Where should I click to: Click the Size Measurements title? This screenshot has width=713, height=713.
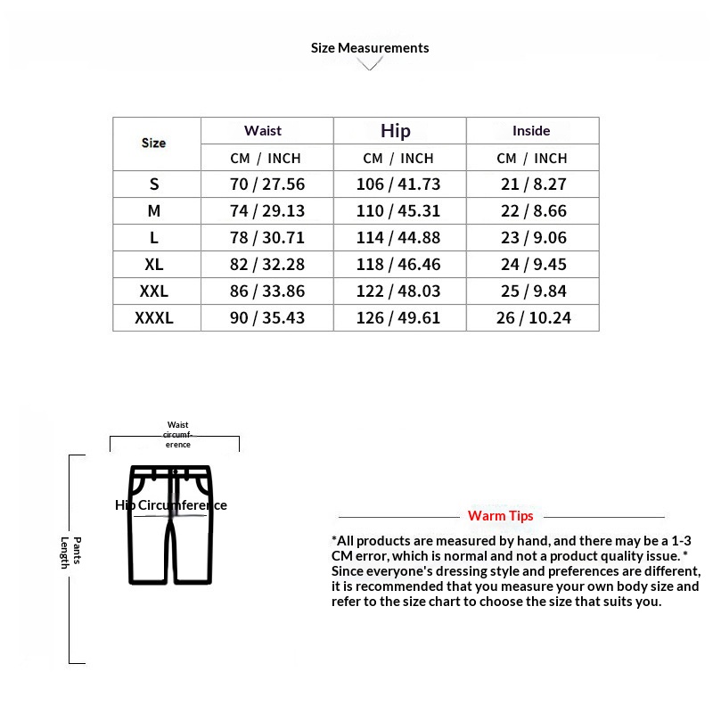coord(370,48)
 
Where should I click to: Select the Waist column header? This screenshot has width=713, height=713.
coord(263,131)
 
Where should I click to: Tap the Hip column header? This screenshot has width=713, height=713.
coord(396,131)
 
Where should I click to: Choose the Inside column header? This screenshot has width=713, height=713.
coord(531,131)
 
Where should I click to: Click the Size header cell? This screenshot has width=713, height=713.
coord(153,143)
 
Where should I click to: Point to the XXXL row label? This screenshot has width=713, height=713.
coord(154,318)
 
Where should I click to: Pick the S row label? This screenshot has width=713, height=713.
coord(154,184)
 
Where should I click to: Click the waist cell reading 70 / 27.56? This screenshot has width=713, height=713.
coord(267,184)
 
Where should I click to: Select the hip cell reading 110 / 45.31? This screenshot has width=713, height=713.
coord(399,211)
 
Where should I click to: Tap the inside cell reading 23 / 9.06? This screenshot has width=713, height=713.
coord(534,238)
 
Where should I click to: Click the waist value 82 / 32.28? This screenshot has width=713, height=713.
coord(267,265)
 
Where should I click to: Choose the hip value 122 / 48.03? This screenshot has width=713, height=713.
coord(399,291)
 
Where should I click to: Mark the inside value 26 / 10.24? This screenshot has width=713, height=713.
coord(534,318)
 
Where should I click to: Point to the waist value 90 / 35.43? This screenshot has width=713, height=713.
coord(267,318)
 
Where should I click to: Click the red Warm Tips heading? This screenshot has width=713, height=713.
coord(501,516)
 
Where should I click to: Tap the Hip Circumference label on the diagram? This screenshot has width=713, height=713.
coord(171,505)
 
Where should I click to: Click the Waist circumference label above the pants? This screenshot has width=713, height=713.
coord(177,434)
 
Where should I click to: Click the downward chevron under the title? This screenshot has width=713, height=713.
coord(370,64)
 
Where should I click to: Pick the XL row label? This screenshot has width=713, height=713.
coord(154,265)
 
